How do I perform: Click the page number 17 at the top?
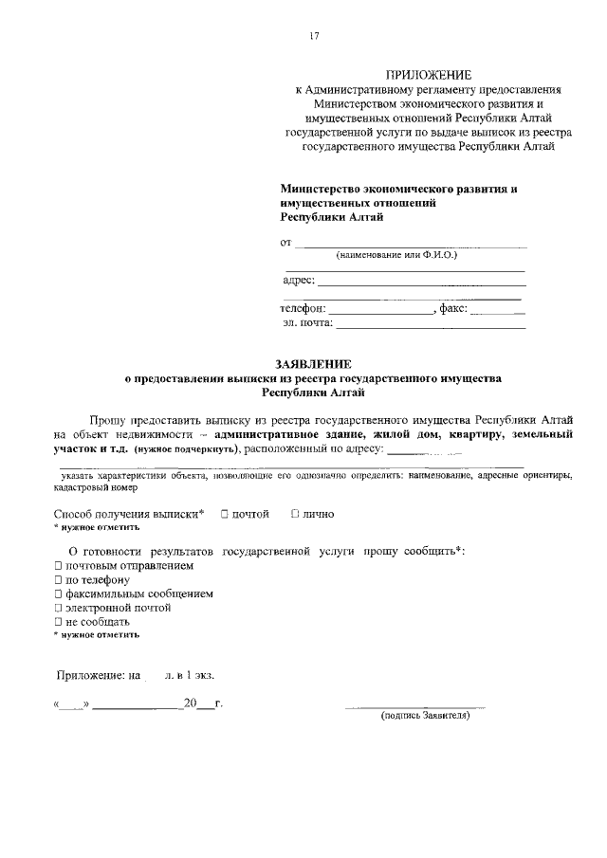coord(314,36)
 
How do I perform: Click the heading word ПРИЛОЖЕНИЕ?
coord(429,75)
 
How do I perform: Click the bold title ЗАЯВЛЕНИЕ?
coord(313,364)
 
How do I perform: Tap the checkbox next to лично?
coord(296,514)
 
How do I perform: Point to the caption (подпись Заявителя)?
coord(425,716)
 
